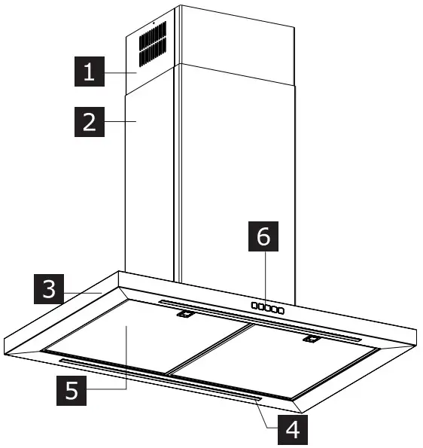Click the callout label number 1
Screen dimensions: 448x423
(x=90, y=73)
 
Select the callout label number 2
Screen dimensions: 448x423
(x=90, y=122)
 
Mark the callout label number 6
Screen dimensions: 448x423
(x=262, y=237)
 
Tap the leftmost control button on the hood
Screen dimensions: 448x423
(x=255, y=307)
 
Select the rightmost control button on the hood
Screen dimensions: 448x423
(x=281, y=310)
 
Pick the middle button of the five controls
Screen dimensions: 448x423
(x=268, y=309)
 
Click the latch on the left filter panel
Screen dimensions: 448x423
(x=183, y=317)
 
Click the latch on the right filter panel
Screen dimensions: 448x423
(x=308, y=340)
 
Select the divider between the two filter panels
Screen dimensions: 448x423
(x=207, y=350)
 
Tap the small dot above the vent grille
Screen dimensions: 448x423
(x=153, y=23)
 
